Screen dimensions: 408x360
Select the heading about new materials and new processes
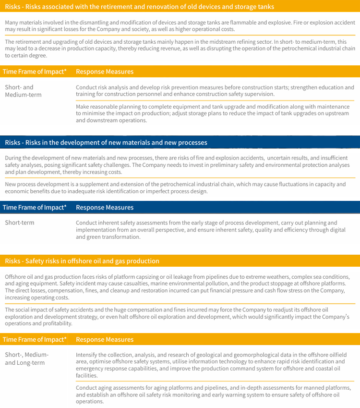coord(106,143)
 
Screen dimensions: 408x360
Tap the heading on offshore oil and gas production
coord(82,261)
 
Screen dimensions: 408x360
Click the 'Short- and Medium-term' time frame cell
coord(23,91)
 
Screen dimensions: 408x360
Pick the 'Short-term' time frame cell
coord(20,223)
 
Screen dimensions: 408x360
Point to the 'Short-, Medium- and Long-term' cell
coord(26,359)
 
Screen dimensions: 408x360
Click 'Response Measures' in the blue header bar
coord(105,208)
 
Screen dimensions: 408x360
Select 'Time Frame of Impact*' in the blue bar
coord(35,208)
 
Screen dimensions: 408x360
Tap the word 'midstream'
coord(194,42)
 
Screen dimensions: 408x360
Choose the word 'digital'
coord(336,230)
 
